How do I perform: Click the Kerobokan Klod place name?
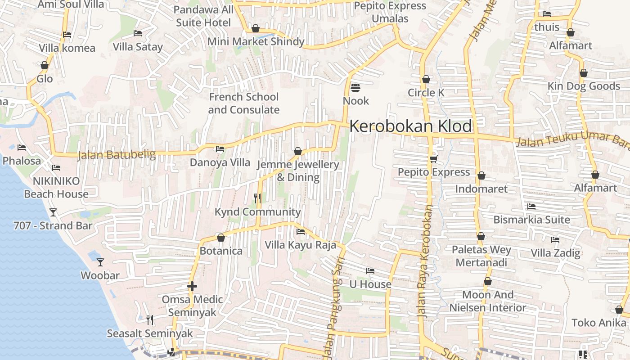click(x=410, y=126)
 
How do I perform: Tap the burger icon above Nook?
click(x=355, y=87)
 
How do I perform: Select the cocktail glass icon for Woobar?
click(x=100, y=262)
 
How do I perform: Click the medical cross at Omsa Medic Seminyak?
click(x=192, y=286)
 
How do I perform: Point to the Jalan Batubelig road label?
click(x=116, y=155)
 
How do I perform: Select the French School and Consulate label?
click(x=243, y=103)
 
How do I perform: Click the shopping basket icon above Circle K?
click(x=426, y=80)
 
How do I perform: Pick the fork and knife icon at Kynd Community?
click(x=257, y=198)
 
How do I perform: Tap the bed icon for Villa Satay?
click(x=138, y=33)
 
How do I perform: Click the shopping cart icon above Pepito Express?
click(x=434, y=159)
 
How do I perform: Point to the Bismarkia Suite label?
click(x=531, y=220)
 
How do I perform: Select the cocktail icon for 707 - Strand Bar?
click(x=53, y=212)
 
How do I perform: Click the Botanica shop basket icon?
click(x=221, y=238)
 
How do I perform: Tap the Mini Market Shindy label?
click(x=256, y=42)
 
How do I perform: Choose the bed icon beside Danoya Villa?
click(x=220, y=149)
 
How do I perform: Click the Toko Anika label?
click(x=598, y=323)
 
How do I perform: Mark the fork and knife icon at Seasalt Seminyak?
click(x=150, y=320)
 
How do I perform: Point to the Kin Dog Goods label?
click(x=584, y=86)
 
